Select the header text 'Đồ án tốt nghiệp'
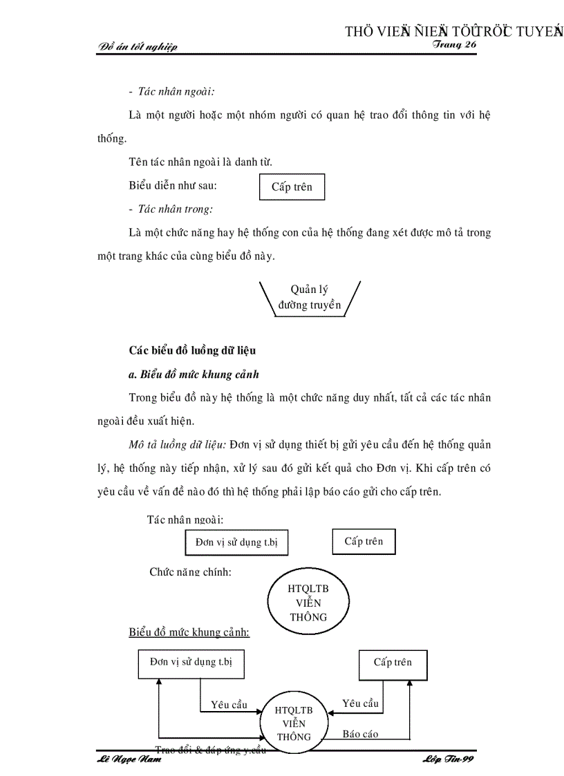(x=138, y=47)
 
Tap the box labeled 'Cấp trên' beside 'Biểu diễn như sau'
(x=292, y=187)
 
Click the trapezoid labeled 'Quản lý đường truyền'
(x=310, y=298)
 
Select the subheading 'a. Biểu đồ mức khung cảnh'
(x=194, y=375)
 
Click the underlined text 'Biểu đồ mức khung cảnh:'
(x=189, y=632)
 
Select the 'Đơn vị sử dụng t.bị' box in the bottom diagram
(x=191, y=661)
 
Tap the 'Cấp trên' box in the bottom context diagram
(x=393, y=663)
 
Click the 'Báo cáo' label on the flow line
(x=360, y=734)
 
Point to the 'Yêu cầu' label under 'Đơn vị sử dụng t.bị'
(x=229, y=705)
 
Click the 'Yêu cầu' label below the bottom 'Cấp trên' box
(x=360, y=703)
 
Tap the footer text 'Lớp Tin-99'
(x=446, y=759)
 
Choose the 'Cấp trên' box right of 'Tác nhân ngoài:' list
(x=364, y=541)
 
